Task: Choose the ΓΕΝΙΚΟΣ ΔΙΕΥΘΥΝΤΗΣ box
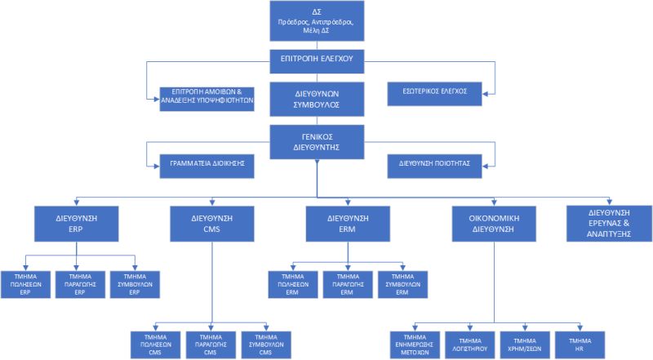316,140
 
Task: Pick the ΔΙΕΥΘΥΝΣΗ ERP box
77,224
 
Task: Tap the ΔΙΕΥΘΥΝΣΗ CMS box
212,224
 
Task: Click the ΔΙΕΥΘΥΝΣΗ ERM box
348,224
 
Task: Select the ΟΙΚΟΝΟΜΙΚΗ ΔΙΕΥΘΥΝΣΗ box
495,224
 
